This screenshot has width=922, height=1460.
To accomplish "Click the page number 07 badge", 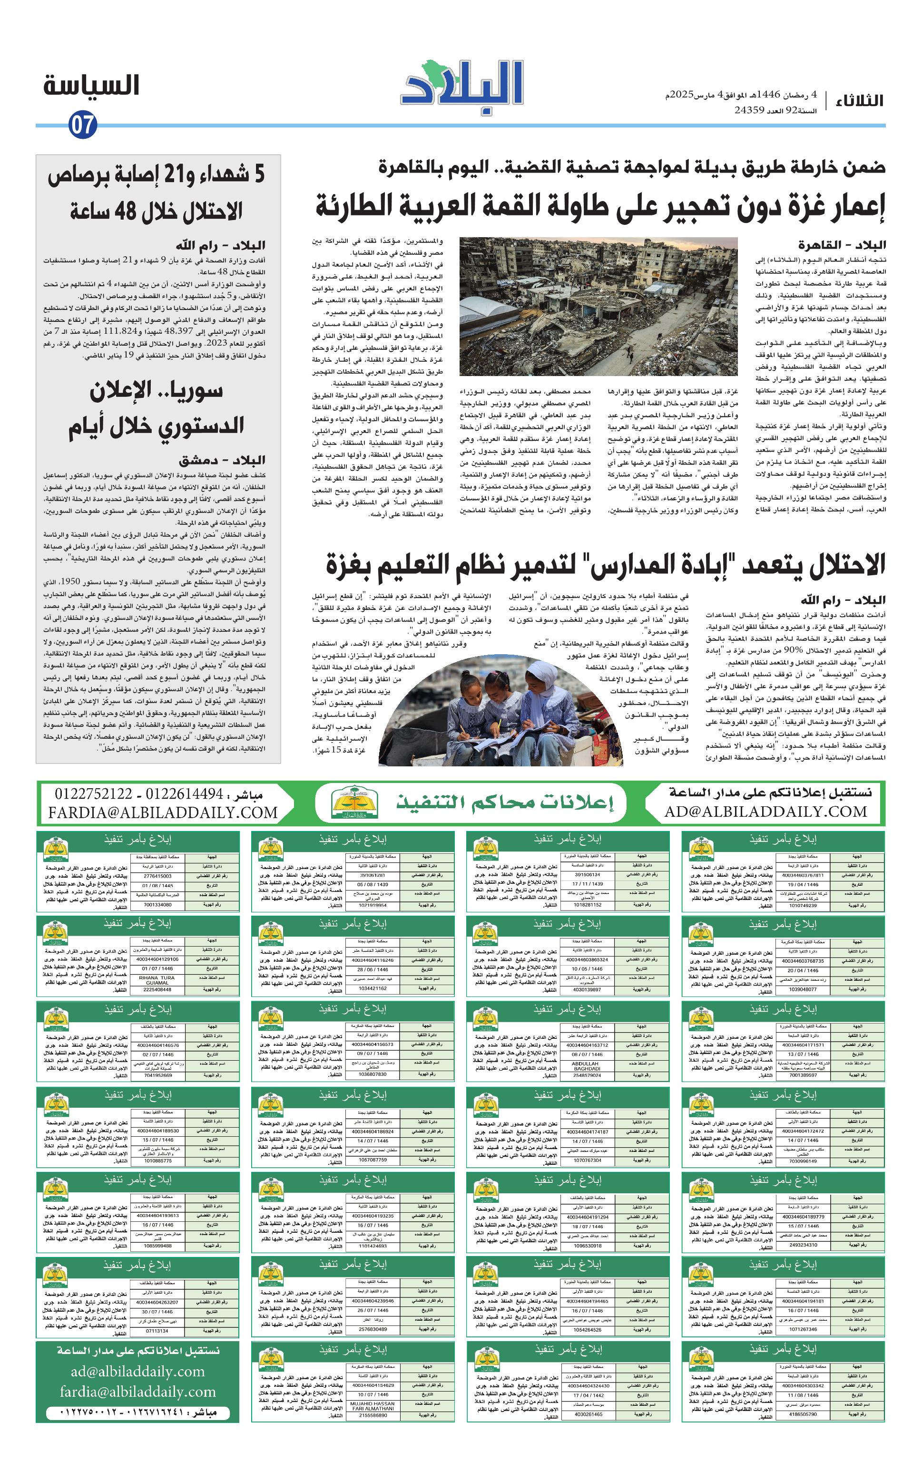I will point(82,126).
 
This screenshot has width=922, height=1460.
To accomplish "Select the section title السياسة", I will point(91,86).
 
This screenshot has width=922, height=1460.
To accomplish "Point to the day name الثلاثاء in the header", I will point(860,100).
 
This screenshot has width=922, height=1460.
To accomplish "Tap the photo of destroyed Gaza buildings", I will point(598,306).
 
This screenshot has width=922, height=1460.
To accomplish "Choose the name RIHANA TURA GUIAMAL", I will point(157,980).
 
